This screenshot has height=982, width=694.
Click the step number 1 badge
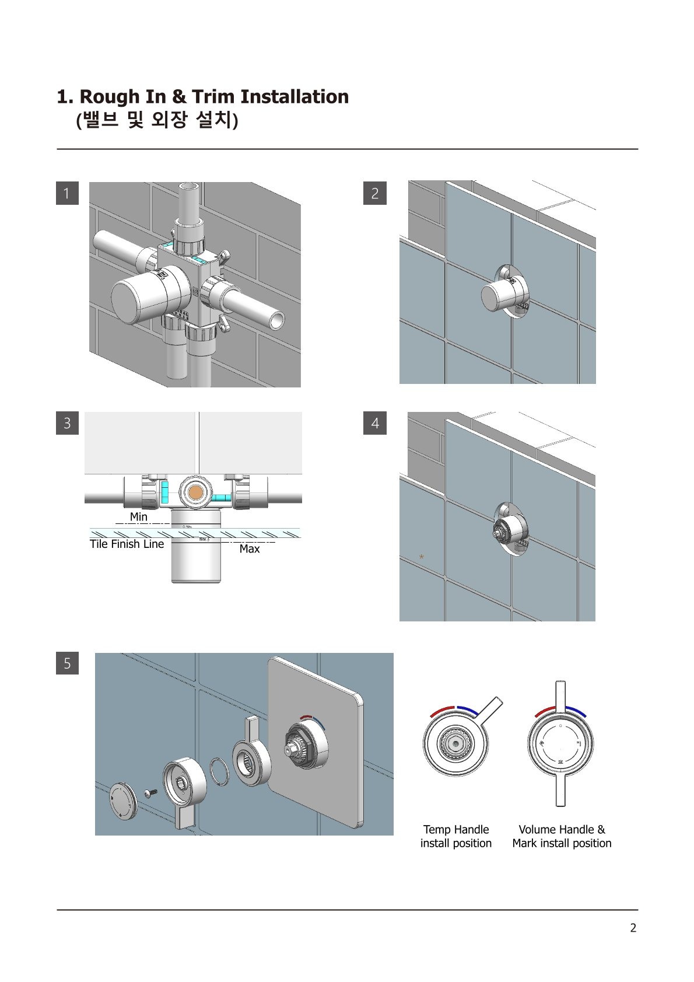point(67,193)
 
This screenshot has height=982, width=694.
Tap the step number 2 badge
point(374,193)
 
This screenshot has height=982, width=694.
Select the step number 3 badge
point(67,423)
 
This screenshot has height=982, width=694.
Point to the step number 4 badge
point(374,423)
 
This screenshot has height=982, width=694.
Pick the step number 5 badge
point(67,663)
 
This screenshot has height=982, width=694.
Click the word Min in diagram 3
point(138,516)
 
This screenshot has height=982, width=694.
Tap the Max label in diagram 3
point(250,548)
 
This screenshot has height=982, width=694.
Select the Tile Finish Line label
point(127,544)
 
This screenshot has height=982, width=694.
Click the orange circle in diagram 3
point(195,491)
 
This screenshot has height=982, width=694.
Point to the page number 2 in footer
point(633,928)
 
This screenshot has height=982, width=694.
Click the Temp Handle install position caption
point(456,836)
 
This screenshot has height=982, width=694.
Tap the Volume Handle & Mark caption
point(562,836)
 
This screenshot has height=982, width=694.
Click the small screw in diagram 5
point(150,793)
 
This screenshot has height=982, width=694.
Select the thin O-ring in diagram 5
point(218,771)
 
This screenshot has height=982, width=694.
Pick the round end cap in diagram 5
point(123,799)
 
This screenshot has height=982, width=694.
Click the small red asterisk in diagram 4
point(422,557)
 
